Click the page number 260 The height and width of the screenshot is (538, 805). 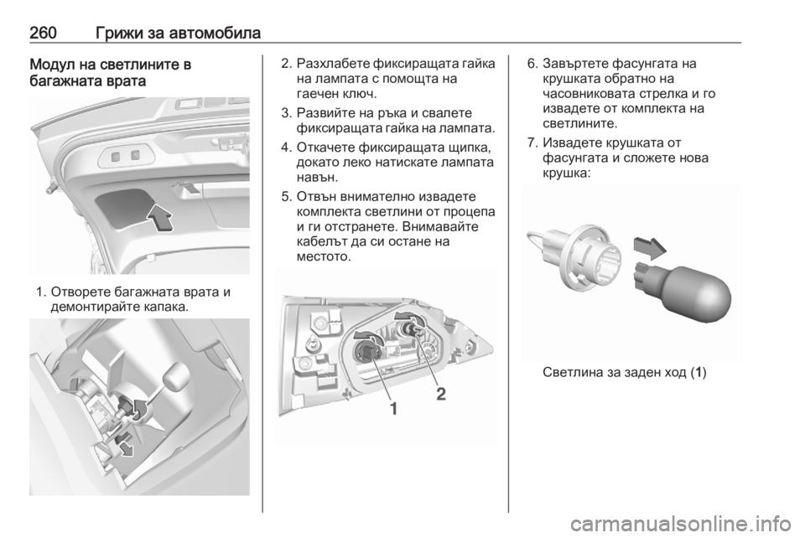coord(43,34)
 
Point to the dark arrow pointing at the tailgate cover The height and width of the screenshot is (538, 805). coord(159,217)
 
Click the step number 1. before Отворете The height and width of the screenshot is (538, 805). coord(42,292)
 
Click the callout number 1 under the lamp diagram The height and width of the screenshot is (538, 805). coord(394,409)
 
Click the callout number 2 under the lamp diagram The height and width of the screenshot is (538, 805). coord(441,394)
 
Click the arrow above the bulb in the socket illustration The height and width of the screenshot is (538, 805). coord(650,248)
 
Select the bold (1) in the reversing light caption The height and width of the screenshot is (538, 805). coord(699,373)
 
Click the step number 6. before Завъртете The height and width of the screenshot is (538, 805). coord(533,65)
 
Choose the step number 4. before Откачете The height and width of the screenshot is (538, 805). coord(287,148)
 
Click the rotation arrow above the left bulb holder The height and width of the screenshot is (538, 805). coord(368,336)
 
